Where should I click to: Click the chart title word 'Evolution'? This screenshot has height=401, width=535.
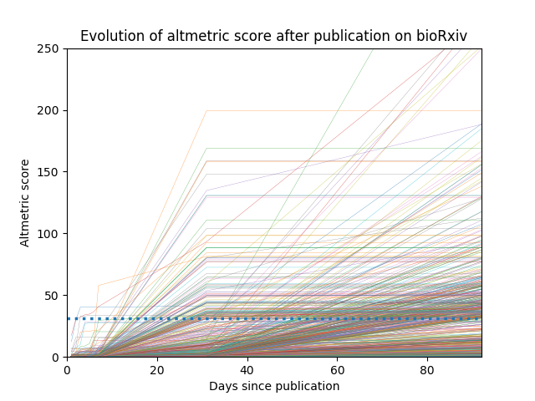pos(108,36)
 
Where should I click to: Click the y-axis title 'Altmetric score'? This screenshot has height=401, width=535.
pos(25,203)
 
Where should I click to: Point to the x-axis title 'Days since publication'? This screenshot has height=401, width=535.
pos(274,386)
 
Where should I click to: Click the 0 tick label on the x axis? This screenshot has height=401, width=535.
pos(67,370)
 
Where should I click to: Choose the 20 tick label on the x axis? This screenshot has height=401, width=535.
pos(157,370)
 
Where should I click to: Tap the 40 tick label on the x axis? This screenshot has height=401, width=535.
pos(247,370)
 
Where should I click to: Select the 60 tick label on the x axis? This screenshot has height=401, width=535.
pos(338,370)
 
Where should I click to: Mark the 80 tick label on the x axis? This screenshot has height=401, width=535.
pos(427,370)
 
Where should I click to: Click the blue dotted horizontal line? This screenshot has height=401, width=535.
pos(251,318)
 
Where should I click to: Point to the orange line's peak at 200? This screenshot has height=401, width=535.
pos(206,110)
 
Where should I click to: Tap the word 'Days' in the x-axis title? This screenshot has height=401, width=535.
pos(222,386)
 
